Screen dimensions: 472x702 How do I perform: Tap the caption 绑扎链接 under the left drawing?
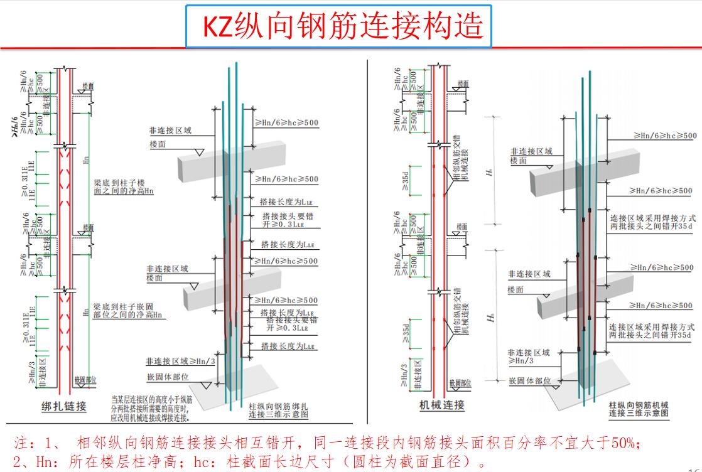pos(63,407)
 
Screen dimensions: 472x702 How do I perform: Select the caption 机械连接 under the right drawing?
pos(442,405)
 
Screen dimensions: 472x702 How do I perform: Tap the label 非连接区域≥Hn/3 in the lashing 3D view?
pos(180,362)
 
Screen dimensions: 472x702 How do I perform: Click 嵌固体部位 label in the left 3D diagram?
pos(168,377)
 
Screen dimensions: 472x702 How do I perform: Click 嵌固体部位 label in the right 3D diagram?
pos(530,380)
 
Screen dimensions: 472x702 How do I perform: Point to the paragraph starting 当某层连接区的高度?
pos(151,407)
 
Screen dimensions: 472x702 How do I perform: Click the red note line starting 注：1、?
pos(327,443)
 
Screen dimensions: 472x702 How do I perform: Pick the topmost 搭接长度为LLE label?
pos(283,203)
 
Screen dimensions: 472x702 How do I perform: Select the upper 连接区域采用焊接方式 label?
pos(652,218)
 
